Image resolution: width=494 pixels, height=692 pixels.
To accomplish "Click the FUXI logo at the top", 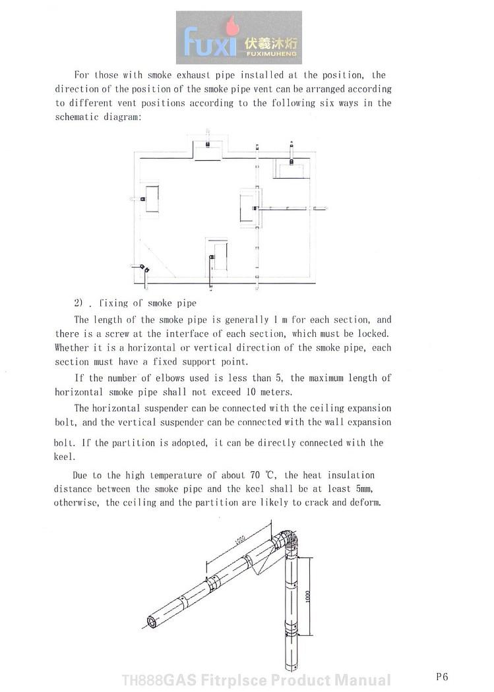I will tap(239, 38).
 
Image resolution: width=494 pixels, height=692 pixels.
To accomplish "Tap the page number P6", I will tap(441, 676).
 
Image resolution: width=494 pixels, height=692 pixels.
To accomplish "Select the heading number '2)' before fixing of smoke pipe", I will tap(80, 303).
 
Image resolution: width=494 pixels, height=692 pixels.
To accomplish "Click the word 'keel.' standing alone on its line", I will tap(63, 457).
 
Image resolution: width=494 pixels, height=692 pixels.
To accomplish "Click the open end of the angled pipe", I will tap(152, 621).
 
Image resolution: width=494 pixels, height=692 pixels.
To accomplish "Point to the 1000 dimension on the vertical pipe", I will tap(307, 596).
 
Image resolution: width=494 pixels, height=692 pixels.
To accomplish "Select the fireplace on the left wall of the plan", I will tap(151, 199).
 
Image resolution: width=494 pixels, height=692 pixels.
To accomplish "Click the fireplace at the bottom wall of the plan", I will tap(217, 257).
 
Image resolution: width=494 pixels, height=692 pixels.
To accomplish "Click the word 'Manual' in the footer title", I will tap(362, 680).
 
